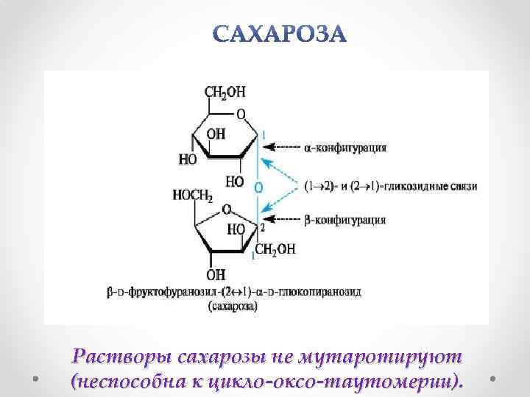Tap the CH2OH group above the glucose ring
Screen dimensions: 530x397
(x=225, y=92)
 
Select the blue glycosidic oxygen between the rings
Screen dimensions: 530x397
(x=258, y=188)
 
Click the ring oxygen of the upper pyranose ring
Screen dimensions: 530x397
(x=241, y=115)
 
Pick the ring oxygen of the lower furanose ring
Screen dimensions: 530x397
(x=227, y=209)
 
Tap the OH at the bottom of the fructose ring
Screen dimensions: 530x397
(x=216, y=274)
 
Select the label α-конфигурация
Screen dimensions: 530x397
(x=345, y=147)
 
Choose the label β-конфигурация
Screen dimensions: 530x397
(x=345, y=219)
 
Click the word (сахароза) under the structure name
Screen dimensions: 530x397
(x=233, y=307)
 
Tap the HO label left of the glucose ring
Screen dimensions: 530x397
(x=188, y=159)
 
